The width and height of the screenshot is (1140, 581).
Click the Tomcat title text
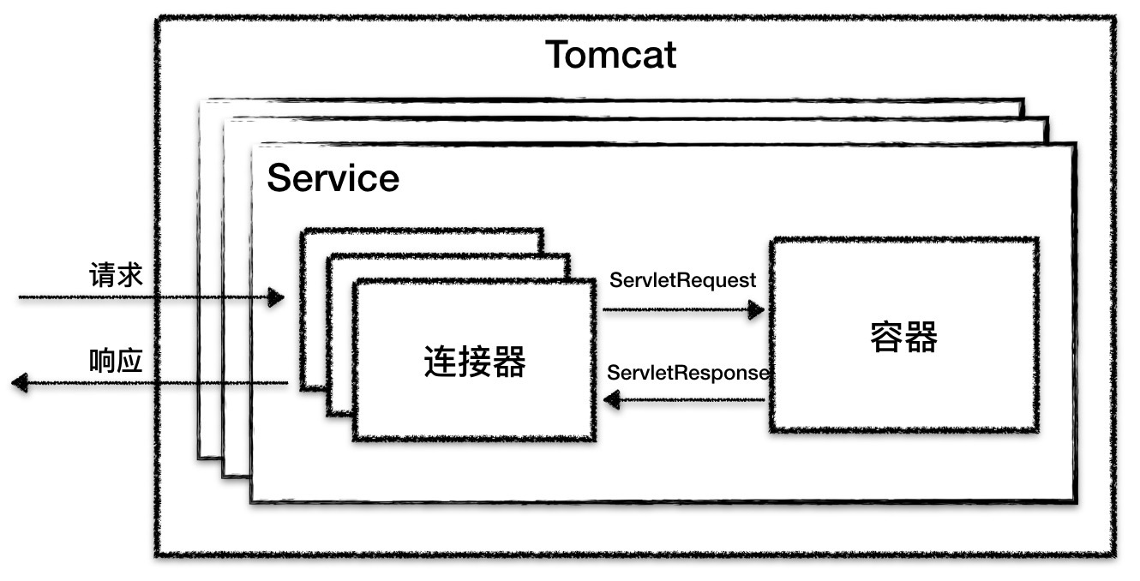click(x=610, y=56)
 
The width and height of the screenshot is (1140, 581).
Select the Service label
click(x=333, y=179)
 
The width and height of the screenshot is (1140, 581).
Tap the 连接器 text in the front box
click(x=475, y=362)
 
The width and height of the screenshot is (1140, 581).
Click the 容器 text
click(x=903, y=338)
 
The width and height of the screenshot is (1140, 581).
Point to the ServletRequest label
click(x=682, y=280)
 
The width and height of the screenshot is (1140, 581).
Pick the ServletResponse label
click(x=688, y=373)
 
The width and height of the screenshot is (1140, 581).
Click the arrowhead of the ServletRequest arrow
click(x=756, y=309)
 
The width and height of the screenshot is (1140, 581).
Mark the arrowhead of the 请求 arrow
click(x=276, y=298)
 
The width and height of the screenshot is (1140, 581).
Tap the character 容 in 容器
click(x=886, y=338)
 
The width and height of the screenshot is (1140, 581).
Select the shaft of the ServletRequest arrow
click(x=677, y=309)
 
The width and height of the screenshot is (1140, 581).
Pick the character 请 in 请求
click(x=102, y=275)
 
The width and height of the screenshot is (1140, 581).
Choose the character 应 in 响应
click(x=129, y=361)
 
